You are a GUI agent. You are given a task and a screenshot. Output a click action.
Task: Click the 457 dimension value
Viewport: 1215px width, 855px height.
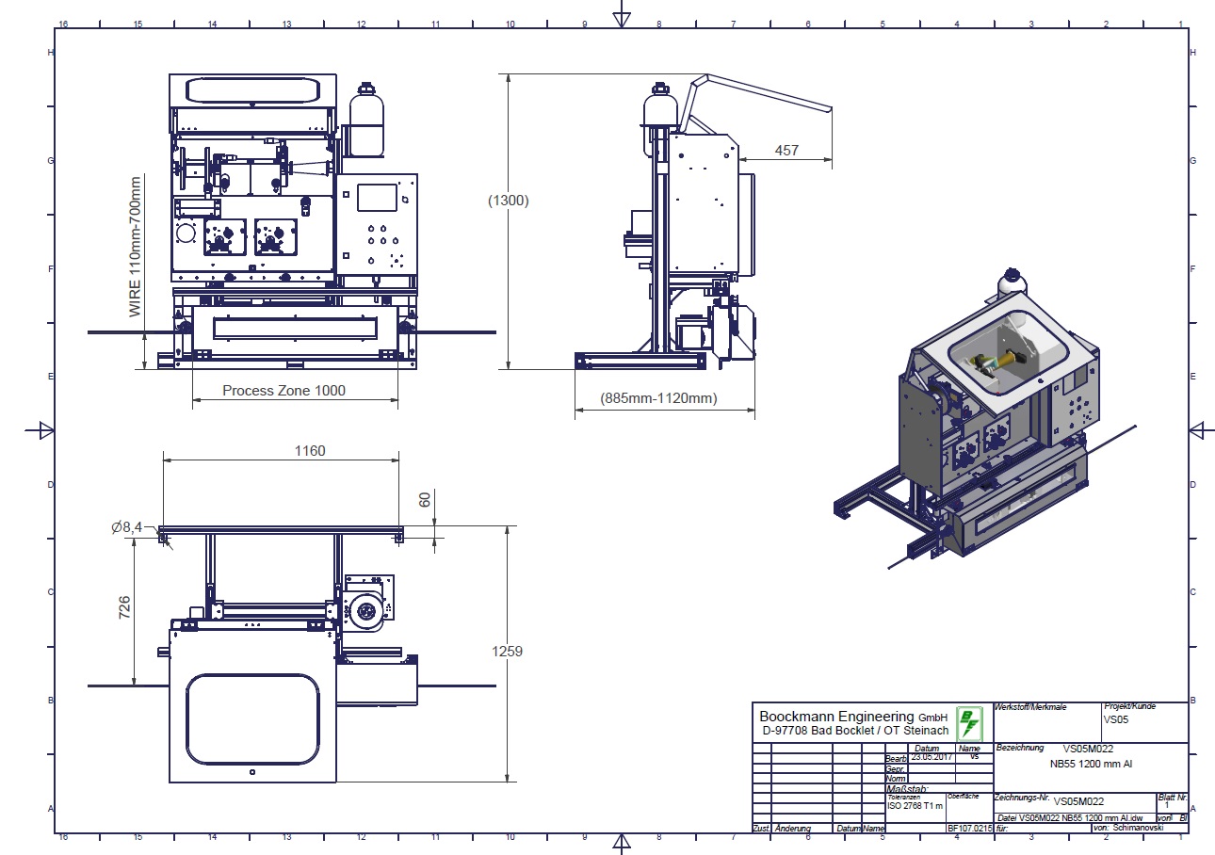click(x=786, y=150)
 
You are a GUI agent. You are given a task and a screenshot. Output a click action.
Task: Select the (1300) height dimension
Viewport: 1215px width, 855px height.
click(x=509, y=201)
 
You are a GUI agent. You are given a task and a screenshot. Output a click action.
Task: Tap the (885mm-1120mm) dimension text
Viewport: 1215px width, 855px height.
click(x=659, y=398)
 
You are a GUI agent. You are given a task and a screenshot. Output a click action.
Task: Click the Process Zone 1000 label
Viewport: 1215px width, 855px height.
click(x=283, y=391)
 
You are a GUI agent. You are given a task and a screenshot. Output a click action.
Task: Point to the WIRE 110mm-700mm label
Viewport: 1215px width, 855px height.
click(x=136, y=246)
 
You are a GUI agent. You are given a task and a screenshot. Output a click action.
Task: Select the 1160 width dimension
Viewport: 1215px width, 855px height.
click(x=309, y=451)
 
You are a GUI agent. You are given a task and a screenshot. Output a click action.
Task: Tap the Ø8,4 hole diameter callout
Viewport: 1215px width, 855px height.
click(x=126, y=528)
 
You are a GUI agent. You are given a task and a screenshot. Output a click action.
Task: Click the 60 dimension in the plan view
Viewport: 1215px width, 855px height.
click(x=425, y=499)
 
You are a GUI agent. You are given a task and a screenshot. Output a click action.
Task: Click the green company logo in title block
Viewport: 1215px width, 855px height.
click(x=968, y=724)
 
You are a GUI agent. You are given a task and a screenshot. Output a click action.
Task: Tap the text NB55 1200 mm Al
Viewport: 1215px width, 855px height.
click(x=1091, y=764)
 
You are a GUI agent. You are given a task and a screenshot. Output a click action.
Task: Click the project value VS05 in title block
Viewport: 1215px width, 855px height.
click(x=1116, y=719)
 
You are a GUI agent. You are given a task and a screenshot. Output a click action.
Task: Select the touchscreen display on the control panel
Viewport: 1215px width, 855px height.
click(x=376, y=198)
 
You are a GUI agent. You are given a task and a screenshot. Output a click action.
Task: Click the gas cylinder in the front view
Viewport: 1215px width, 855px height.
click(x=365, y=122)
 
